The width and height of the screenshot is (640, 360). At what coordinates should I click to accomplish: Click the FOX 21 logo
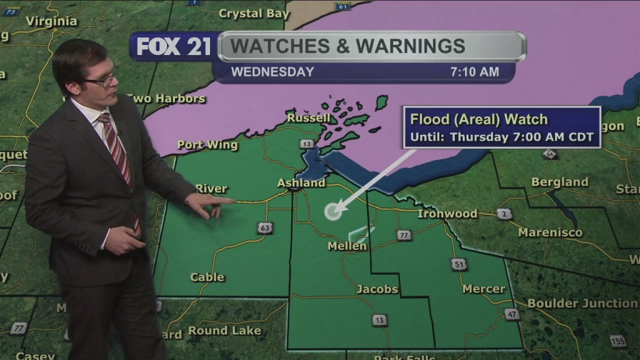(x=174, y=47)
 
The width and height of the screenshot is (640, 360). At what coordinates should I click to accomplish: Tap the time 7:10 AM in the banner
(x=474, y=72)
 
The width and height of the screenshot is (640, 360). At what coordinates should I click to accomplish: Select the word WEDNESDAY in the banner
(x=272, y=72)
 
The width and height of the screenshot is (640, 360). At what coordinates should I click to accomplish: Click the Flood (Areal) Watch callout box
(x=502, y=127)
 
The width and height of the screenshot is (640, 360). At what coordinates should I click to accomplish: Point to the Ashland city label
(x=301, y=183)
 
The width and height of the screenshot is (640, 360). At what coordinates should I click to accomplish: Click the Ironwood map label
(x=447, y=214)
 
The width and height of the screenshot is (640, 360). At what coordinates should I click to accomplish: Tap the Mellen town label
(x=347, y=246)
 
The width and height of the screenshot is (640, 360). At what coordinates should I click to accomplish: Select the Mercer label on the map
(x=484, y=289)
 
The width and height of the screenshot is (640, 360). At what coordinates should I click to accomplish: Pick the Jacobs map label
(x=377, y=289)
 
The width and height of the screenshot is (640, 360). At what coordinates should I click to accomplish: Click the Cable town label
(x=207, y=277)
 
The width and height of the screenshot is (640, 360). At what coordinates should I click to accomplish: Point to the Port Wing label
(x=207, y=145)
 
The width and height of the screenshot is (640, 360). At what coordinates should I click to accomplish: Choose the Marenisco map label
(x=550, y=232)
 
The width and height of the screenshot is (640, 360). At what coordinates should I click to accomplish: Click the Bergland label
(x=559, y=182)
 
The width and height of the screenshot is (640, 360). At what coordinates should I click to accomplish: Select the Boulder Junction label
(x=582, y=303)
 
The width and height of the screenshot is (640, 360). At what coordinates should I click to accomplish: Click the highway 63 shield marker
(x=266, y=227)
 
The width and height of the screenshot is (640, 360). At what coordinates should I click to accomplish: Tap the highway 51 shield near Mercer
(x=459, y=264)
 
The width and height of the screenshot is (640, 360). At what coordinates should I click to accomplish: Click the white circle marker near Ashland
(x=333, y=211)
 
